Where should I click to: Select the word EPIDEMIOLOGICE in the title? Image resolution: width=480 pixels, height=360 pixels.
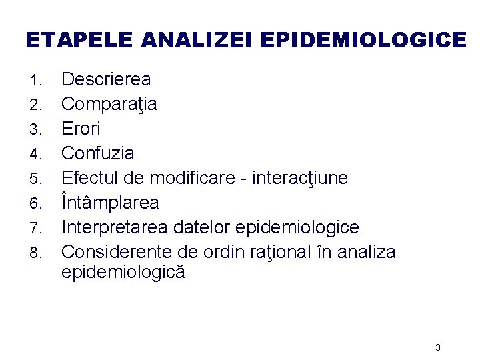point(363,41)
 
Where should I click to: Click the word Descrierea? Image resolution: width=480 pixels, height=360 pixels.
point(106,80)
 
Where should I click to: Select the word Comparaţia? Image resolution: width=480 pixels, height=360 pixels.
point(109,105)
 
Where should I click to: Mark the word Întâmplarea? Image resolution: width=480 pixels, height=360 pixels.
point(110,203)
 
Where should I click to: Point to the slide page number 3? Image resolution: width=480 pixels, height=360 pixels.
point(437,347)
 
